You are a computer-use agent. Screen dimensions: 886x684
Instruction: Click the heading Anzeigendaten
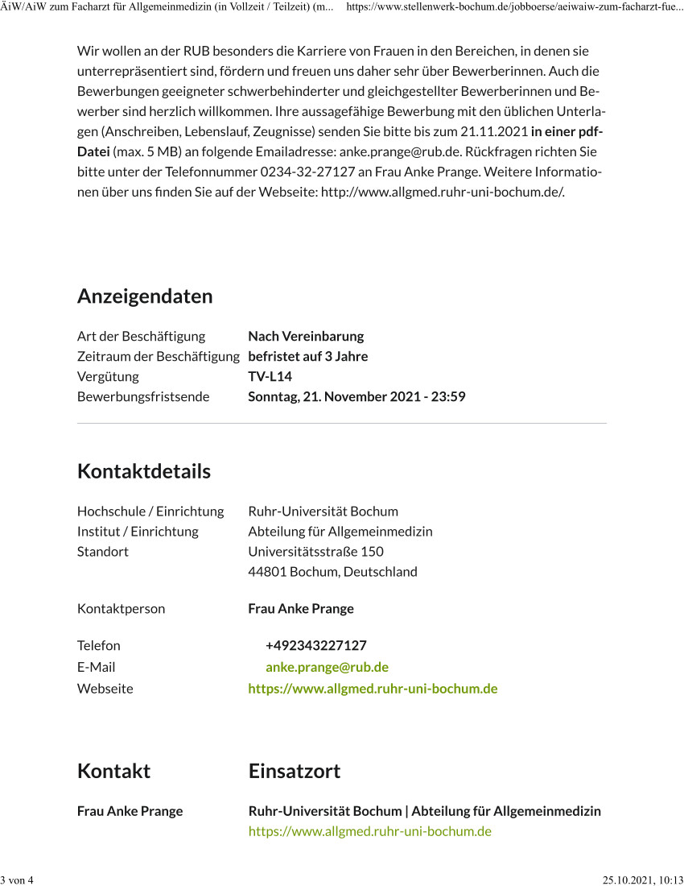[x=145, y=296]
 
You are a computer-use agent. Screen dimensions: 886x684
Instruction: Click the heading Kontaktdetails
[x=144, y=471]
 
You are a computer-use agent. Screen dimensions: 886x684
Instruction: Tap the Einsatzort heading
[x=295, y=771]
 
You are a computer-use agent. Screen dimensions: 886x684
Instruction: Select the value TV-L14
[x=270, y=376]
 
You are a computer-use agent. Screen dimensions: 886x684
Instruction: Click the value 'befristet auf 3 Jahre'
[x=307, y=356]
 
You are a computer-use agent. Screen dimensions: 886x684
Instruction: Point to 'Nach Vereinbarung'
[x=306, y=336]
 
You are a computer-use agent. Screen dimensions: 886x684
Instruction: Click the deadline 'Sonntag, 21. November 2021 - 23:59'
[x=356, y=396]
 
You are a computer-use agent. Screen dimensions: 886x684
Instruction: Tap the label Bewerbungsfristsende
[x=143, y=396]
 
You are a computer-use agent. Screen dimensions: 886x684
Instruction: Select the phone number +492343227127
[x=316, y=645]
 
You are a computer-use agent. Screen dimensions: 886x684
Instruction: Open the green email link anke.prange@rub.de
[x=327, y=667]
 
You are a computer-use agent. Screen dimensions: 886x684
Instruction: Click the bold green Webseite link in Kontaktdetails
[x=373, y=689]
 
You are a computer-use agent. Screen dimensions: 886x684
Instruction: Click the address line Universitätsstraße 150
[x=315, y=552]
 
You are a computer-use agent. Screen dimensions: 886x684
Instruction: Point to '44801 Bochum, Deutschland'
[x=332, y=572]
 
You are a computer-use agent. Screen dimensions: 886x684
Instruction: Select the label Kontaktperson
[x=121, y=608]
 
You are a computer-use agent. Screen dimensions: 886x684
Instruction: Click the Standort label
[x=103, y=552]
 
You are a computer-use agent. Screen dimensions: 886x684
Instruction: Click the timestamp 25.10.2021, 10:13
[x=643, y=879]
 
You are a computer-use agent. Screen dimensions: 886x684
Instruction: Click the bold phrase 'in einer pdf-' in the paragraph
[x=567, y=131]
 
